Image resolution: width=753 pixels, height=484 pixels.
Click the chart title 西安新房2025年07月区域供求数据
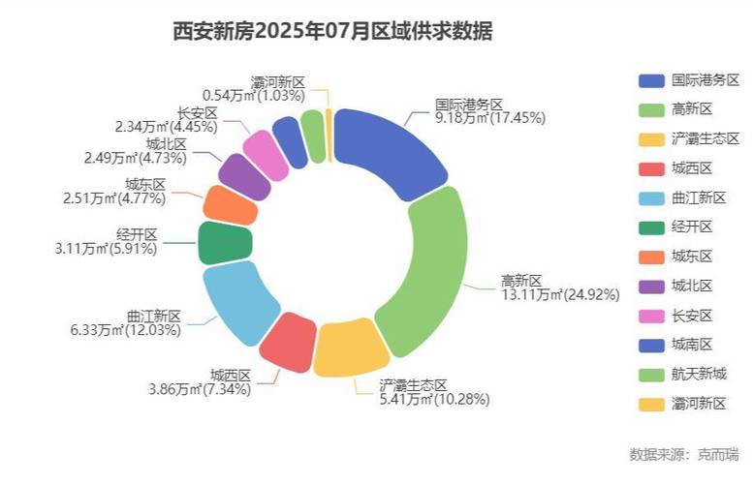tap(332, 32)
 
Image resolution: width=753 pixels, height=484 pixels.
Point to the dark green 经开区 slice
tap(225, 243)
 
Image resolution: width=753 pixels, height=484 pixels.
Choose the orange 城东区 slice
tap(232, 203)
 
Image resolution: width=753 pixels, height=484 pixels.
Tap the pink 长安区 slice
tap(263, 153)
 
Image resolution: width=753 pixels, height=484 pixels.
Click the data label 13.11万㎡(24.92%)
tap(560, 295)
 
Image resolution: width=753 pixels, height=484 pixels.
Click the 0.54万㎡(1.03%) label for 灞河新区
tap(254, 96)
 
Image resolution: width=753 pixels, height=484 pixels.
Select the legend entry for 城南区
tap(692, 345)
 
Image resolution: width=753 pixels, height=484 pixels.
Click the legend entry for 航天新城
tap(698, 374)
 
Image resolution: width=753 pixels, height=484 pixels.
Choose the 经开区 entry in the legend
tap(692, 227)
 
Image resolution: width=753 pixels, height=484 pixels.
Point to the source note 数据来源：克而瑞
tap(684, 453)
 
